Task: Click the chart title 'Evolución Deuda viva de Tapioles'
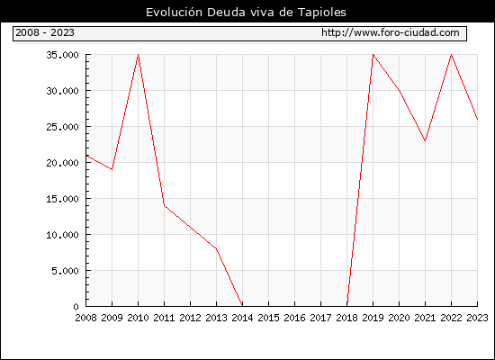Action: tap(246, 13)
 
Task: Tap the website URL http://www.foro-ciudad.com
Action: tap(391, 32)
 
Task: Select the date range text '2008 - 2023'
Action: tap(45, 32)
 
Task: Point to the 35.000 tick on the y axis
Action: tap(62, 55)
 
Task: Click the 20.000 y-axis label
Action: tap(62, 163)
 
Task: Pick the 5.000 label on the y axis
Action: tap(66, 271)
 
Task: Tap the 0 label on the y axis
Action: tap(76, 307)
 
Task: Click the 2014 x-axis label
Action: tap(242, 318)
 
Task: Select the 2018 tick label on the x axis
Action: tap(346, 318)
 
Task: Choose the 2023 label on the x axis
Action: tap(477, 318)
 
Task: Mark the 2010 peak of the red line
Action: tap(139, 55)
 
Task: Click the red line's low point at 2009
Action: tap(112, 169)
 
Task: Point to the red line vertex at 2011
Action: tap(164, 205)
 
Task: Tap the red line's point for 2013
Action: tap(216, 248)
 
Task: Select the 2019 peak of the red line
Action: tap(373, 55)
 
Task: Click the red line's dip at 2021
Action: tap(425, 140)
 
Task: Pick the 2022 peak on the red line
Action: tap(452, 55)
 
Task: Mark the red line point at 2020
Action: tap(399, 91)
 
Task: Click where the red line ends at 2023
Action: tap(477, 120)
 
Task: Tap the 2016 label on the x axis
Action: tap(294, 318)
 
